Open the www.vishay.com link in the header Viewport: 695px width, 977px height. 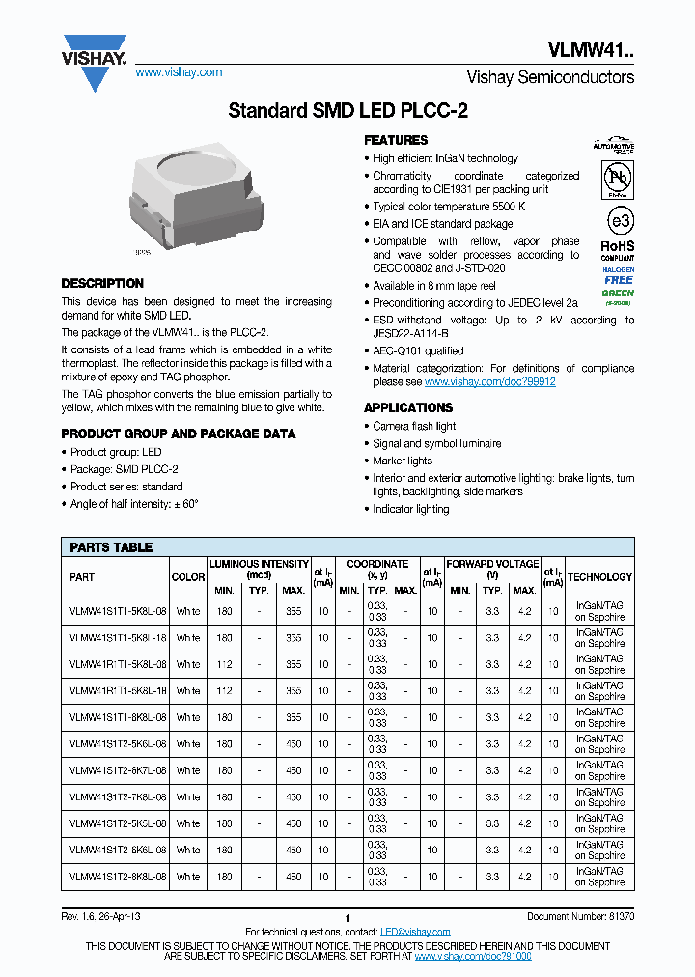coord(179,72)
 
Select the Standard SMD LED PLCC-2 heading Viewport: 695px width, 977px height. coord(347,111)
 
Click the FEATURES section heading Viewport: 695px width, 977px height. coord(396,140)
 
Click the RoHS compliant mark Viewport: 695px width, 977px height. coord(618,250)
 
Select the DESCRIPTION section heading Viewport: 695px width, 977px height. coord(102,284)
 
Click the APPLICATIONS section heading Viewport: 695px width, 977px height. coord(408,407)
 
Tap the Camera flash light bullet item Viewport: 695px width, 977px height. coord(414,426)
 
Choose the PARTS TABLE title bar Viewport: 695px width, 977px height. coord(111,547)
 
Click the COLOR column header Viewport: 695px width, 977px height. coord(188,577)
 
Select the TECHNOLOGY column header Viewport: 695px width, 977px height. coord(599,577)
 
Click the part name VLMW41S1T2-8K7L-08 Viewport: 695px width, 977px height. coord(118,770)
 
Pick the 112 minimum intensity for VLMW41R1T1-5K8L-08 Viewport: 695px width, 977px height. coord(224,664)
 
